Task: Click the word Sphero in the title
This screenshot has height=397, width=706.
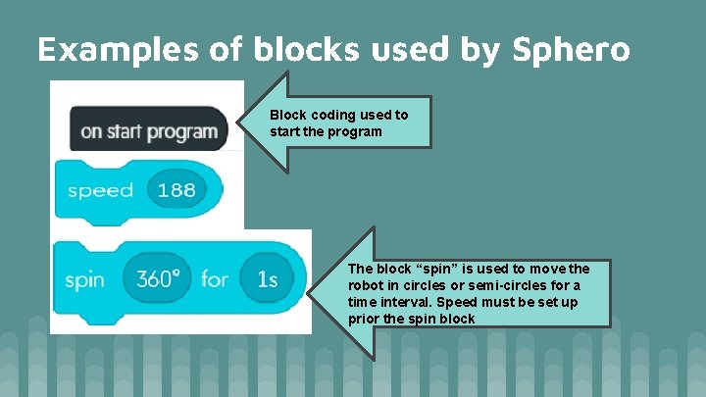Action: point(571,49)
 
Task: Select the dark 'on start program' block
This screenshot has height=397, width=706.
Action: point(148,131)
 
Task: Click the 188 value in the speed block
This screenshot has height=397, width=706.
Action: point(176,190)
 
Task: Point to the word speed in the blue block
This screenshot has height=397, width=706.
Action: point(100,190)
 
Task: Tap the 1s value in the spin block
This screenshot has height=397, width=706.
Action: point(267,279)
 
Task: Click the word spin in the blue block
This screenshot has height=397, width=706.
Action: point(85,280)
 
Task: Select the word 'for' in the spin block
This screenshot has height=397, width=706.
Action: point(214,279)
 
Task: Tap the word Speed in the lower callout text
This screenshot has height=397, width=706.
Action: point(462,302)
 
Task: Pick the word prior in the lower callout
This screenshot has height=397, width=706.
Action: point(364,319)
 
